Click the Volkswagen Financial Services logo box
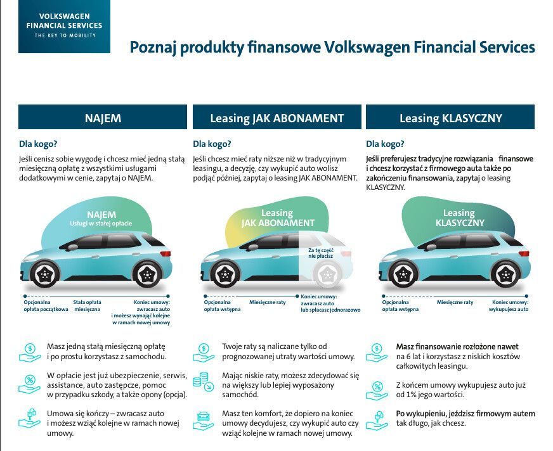(64, 27)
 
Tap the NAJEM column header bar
(103, 117)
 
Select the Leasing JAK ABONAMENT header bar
(277, 117)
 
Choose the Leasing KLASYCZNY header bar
(450, 117)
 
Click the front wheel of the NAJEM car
(45, 274)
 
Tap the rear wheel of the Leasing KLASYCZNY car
(505, 274)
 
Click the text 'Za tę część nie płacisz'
(321, 253)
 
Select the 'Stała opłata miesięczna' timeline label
(87, 305)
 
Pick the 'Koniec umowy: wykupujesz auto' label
(509, 305)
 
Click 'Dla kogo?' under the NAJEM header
(38, 144)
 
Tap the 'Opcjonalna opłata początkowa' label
(46, 305)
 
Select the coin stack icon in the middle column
(203, 381)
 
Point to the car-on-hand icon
(203, 421)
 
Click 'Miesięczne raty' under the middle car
(268, 302)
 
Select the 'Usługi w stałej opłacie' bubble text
(101, 224)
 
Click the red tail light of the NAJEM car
(166, 253)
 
